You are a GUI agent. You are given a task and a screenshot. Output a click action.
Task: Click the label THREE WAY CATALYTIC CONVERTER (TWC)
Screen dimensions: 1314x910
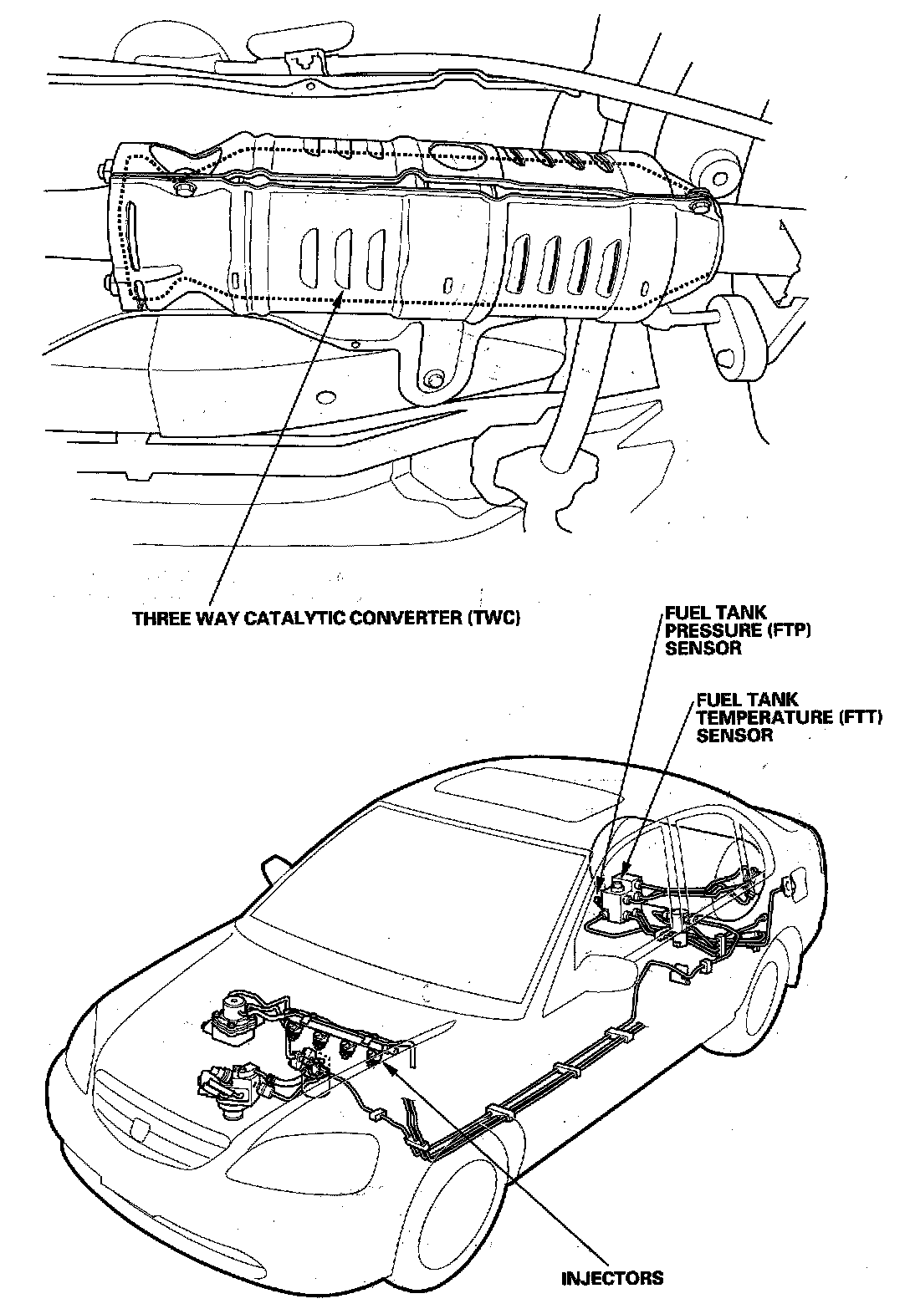point(327,619)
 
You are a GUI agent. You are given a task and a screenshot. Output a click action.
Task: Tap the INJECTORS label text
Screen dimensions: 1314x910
point(613,1278)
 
